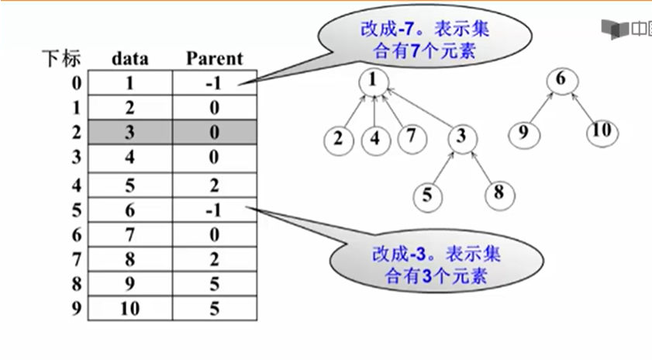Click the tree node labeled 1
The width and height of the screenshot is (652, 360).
[373, 81]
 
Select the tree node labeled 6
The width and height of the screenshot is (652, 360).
[561, 81]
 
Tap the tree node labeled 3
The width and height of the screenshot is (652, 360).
[461, 139]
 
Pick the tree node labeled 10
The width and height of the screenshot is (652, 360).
[602, 130]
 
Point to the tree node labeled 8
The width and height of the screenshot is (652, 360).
[498, 192]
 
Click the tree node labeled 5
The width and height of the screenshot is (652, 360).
[426, 195]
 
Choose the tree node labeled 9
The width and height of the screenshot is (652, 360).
[524, 133]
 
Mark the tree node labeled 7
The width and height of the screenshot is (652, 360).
[412, 139]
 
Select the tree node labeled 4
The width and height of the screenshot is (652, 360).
[375, 140]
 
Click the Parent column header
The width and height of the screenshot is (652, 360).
[215, 58]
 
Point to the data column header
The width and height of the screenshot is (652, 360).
[129, 58]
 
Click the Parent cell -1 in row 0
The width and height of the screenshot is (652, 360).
[215, 83]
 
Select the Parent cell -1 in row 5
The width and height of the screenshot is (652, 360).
[215, 210]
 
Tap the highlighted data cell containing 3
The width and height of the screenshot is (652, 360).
[129, 133]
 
